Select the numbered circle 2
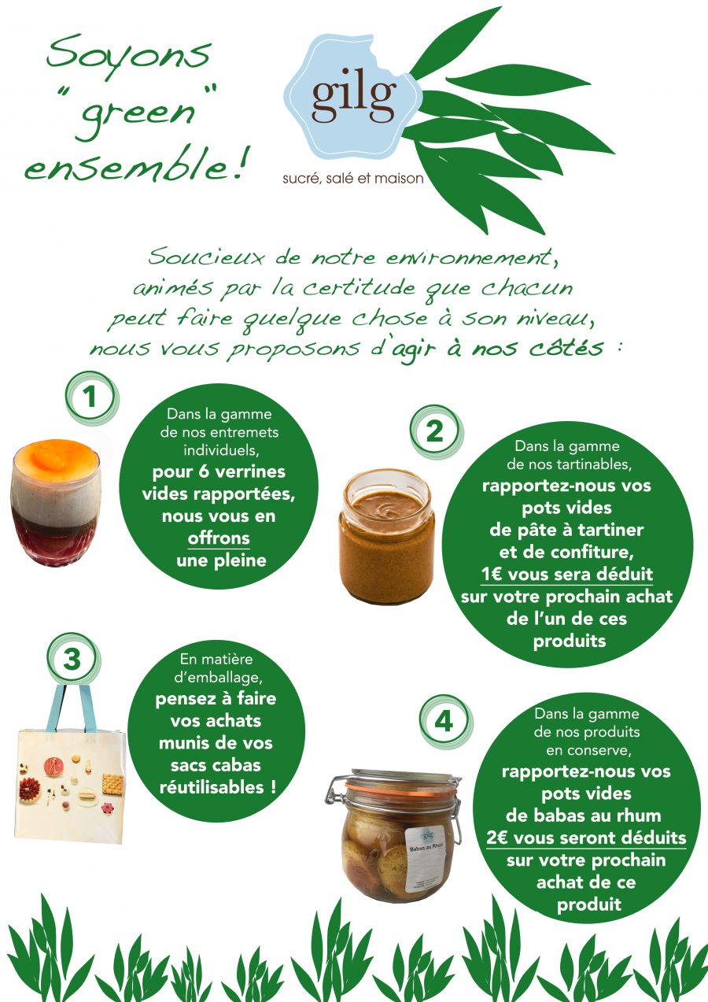point(434,431)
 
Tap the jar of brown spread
point(387,536)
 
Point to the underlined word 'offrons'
point(219,539)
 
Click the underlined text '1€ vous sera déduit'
point(568,573)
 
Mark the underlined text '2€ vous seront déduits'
point(586,837)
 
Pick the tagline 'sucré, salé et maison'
point(353,179)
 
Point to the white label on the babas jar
point(428,858)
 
